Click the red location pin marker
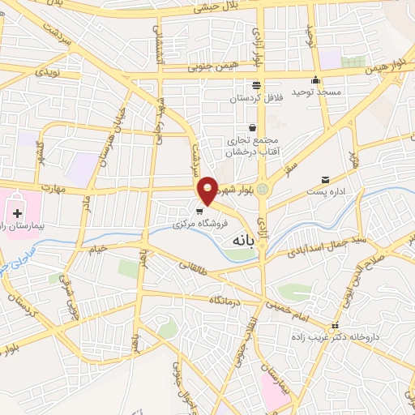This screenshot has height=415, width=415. pyautogui.click(x=208, y=190)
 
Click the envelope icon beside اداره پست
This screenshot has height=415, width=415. pyautogui.click(x=326, y=179)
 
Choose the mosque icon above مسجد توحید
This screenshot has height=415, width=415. pyautogui.click(x=316, y=80)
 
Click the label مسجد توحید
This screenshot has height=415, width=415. pyautogui.click(x=314, y=93)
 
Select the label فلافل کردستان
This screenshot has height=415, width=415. pyautogui.click(x=255, y=98)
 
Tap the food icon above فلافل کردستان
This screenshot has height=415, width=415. pyautogui.click(x=256, y=85)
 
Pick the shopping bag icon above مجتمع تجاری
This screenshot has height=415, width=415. pyautogui.click(x=253, y=127)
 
